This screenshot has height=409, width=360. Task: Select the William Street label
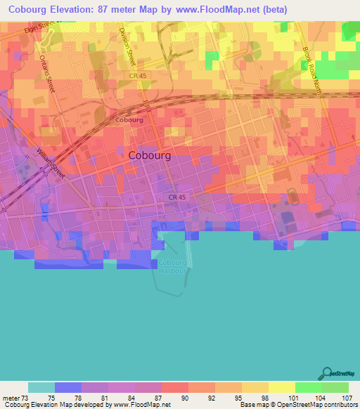click(49, 164)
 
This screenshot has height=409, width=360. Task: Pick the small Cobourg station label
click(129, 120)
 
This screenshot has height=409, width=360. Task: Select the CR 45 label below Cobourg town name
click(177, 197)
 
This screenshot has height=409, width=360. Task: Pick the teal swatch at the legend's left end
click(41, 387)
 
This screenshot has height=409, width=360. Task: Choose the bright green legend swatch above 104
click(308, 387)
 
